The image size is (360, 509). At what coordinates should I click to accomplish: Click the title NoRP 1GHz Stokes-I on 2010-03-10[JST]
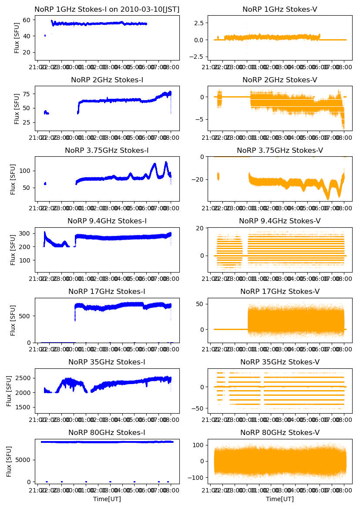(x=107, y=9)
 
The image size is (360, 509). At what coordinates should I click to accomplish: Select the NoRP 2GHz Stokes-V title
(x=279, y=80)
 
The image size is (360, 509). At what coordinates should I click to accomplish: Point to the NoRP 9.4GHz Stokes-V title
(x=279, y=221)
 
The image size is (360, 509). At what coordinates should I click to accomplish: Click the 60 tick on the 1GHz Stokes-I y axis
(x=27, y=20)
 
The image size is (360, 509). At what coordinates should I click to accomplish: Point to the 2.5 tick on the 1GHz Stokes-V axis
(x=198, y=23)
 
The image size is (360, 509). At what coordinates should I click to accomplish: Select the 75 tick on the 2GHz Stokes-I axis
(x=27, y=94)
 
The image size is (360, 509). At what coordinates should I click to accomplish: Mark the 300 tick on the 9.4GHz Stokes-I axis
(x=25, y=233)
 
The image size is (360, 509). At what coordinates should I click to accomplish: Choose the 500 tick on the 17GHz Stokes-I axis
(x=25, y=316)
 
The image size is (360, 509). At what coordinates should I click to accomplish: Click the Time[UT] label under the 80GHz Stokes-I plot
(x=107, y=499)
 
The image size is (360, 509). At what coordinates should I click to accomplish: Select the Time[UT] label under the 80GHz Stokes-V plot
(x=279, y=499)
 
